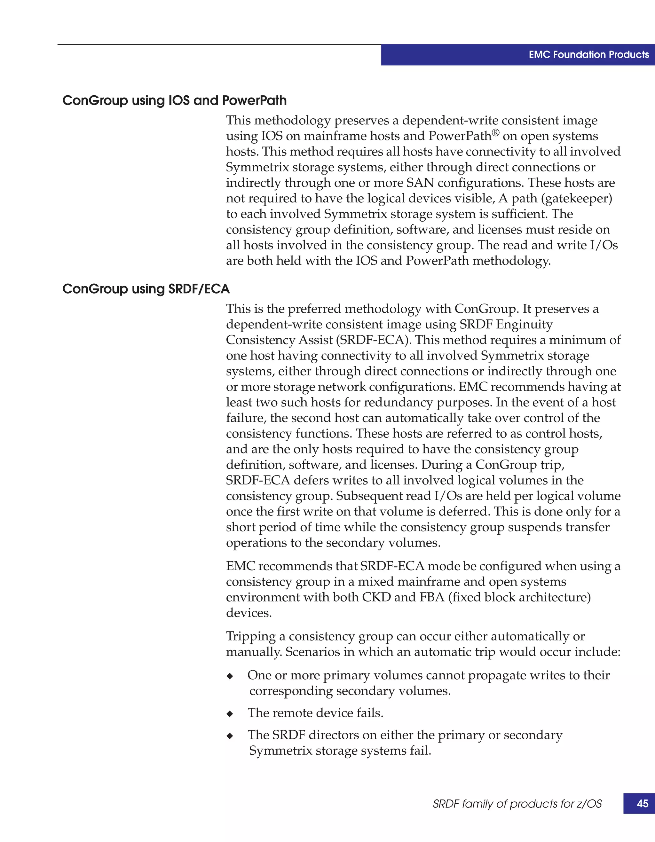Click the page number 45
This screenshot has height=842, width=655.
point(642,803)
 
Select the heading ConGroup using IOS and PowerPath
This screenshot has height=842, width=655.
point(174,101)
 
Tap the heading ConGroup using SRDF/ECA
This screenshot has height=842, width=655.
point(146,289)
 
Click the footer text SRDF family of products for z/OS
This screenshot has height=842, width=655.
point(517,804)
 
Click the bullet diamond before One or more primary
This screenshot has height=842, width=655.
point(230,676)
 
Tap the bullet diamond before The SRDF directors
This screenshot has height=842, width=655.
point(230,736)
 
